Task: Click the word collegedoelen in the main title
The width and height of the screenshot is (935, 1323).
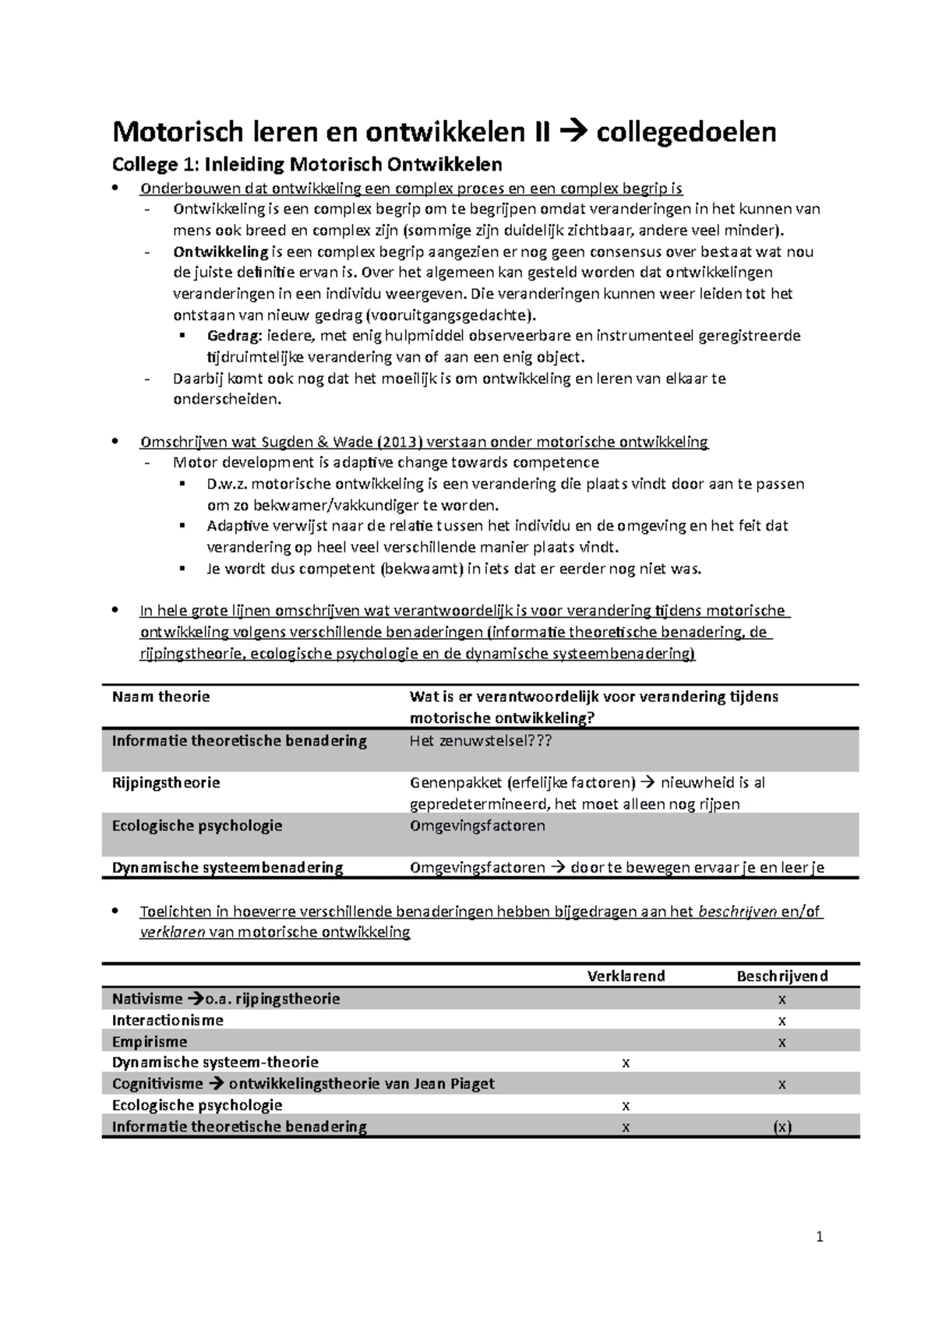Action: pos(686,132)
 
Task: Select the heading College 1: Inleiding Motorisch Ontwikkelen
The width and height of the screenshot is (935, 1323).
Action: pos(307,164)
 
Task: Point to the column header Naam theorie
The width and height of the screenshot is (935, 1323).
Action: pos(161,697)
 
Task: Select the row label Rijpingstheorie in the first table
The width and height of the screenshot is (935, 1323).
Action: pos(166,783)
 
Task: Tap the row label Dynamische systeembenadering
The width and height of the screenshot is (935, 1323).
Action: pos(227,868)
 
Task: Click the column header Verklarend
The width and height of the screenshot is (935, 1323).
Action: pos(626,976)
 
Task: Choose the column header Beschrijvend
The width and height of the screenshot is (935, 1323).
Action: pos(782,976)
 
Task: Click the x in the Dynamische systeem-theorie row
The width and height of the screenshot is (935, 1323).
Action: pos(625,1063)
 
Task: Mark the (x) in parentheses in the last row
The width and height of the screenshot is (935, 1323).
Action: pos(782,1127)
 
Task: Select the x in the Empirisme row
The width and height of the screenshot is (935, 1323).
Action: pos(782,1043)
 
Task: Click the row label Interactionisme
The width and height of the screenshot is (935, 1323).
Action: pos(168,1021)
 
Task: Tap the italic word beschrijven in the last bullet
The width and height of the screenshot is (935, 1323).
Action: pos(737,912)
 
